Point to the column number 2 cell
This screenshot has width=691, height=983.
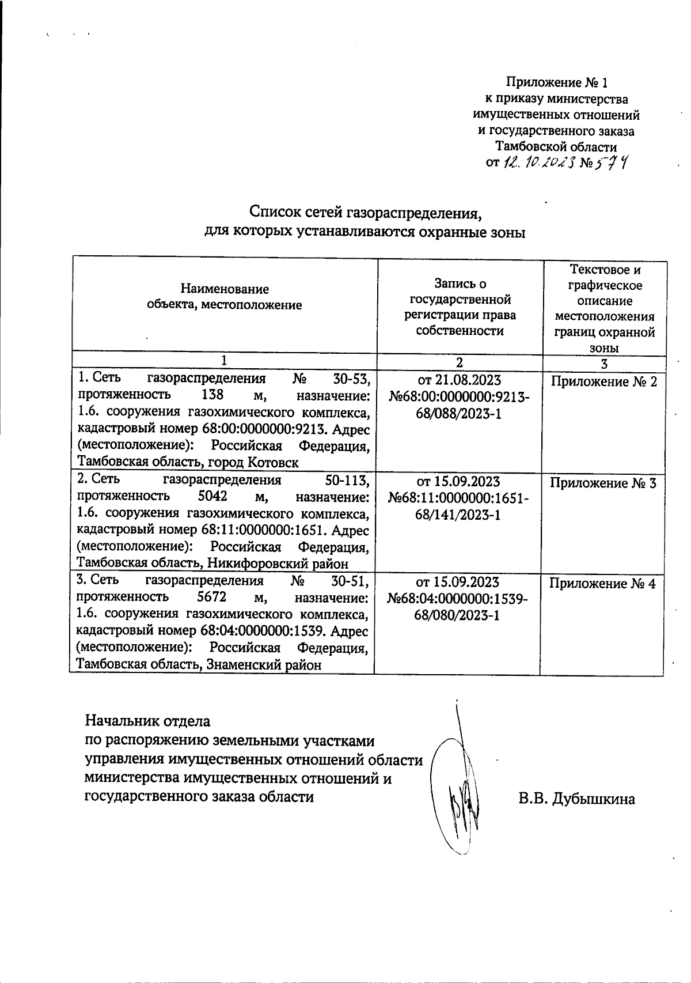[459, 362]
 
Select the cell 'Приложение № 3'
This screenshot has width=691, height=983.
[603, 483]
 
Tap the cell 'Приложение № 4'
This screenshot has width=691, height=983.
[602, 584]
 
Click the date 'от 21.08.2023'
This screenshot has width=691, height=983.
[459, 381]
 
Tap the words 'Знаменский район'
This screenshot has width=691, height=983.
[262, 665]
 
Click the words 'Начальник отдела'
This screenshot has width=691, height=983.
[147, 721]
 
